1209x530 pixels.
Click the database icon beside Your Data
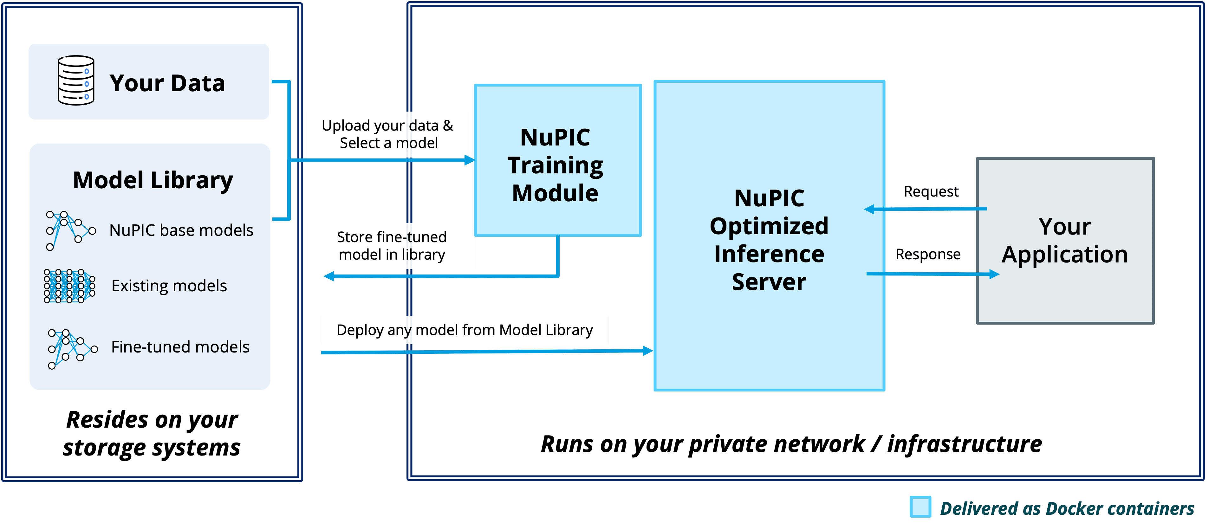pyautogui.click(x=76, y=80)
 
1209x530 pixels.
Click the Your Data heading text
pyautogui.click(x=167, y=83)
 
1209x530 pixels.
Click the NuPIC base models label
pyautogui.click(x=181, y=230)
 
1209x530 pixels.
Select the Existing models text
pyautogui.click(x=169, y=286)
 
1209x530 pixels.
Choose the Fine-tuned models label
pyautogui.click(x=180, y=347)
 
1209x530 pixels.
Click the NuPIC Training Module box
pyautogui.click(x=558, y=160)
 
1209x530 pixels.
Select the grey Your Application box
pyautogui.click(x=1065, y=241)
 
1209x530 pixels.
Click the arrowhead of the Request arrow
pyautogui.click(x=869, y=209)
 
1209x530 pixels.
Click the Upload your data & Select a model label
pyautogui.click(x=388, y=134)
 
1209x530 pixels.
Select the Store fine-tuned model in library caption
pyautogui.click(x=392, y=246)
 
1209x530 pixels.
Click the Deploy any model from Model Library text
pyautogui.click(x=465, y=330)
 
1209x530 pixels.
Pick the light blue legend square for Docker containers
pyautogui.click(x=920, y=507)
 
